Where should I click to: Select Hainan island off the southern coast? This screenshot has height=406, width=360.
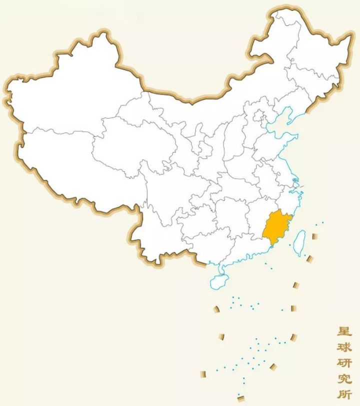pos(218,281)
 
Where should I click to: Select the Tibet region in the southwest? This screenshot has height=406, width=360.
pos(75,160)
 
